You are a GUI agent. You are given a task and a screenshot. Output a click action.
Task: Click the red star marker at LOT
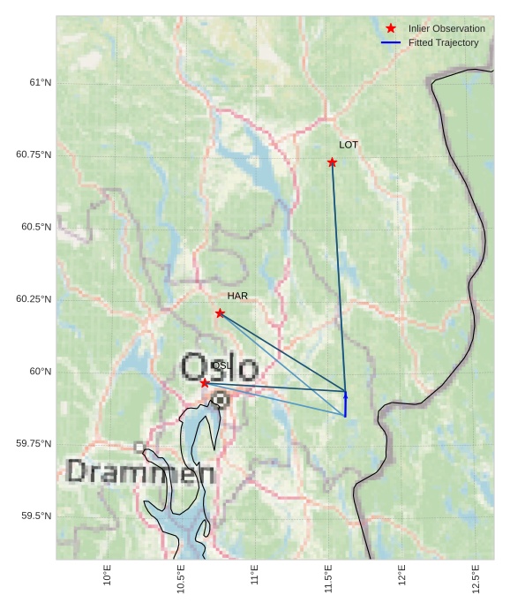point(332,162)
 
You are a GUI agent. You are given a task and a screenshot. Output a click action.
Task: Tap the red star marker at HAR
point(220,313)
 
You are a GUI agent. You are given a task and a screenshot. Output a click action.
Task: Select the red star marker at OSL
point(205,383)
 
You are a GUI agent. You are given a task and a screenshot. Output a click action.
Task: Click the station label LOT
point(349,145)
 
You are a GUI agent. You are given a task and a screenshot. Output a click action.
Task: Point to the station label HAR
point(237,296)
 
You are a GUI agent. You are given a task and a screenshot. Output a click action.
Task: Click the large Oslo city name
point(220,367)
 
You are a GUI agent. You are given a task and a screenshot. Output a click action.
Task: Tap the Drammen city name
point(140,473)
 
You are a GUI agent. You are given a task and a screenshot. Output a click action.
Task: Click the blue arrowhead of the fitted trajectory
point(345,394)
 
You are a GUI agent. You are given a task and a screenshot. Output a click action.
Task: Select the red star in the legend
point(391,28)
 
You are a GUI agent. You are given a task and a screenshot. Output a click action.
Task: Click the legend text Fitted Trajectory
point(444,42)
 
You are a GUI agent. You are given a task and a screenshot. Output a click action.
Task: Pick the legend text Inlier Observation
point(446,28)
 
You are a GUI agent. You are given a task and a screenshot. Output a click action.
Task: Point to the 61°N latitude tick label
point(41,83)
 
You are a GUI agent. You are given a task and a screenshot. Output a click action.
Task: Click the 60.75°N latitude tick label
point(34,154)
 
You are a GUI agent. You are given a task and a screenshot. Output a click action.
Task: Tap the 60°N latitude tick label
point(41,372)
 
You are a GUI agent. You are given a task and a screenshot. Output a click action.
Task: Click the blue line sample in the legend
point(391,42)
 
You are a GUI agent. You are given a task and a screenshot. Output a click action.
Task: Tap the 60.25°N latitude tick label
point(34,299)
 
